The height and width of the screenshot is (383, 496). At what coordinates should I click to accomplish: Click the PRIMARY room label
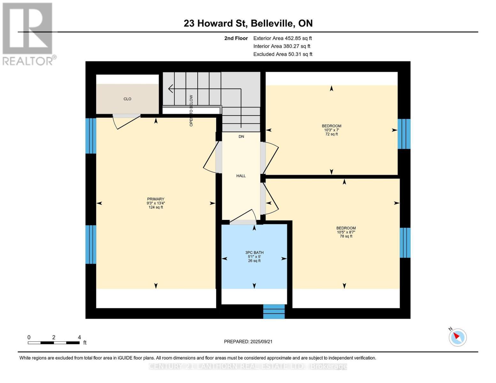point(156,199)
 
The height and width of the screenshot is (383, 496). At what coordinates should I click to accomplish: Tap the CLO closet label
point(127,99)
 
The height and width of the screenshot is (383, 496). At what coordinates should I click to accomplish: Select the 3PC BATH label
point(254,253)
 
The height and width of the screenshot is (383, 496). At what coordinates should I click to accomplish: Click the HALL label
point(241,176)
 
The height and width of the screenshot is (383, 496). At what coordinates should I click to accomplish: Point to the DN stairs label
point(241,137)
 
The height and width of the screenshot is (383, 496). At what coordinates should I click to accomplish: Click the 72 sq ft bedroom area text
point(331,134)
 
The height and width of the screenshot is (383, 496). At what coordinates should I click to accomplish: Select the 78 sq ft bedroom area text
point(346,237)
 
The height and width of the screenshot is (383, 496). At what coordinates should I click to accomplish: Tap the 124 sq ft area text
point(156,207)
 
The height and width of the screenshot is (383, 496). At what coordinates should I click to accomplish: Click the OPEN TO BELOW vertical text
point(191,110)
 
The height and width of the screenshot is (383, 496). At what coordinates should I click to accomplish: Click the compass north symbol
point(457,337)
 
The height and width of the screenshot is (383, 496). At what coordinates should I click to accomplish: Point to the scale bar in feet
point(54,343)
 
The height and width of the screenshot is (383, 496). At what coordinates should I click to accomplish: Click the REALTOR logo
point(28,34)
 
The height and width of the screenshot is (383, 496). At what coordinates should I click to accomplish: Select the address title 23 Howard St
point(248,23)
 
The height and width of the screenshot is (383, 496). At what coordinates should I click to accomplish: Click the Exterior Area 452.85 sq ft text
point(282,38)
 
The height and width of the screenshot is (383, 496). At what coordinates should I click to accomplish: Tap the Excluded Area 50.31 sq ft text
point(283,54)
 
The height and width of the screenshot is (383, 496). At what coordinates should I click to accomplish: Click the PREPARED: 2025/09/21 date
point(248,342)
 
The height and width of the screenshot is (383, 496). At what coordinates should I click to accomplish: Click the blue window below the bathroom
point(274,312)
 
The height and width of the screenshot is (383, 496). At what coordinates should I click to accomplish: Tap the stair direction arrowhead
point(171,89)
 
